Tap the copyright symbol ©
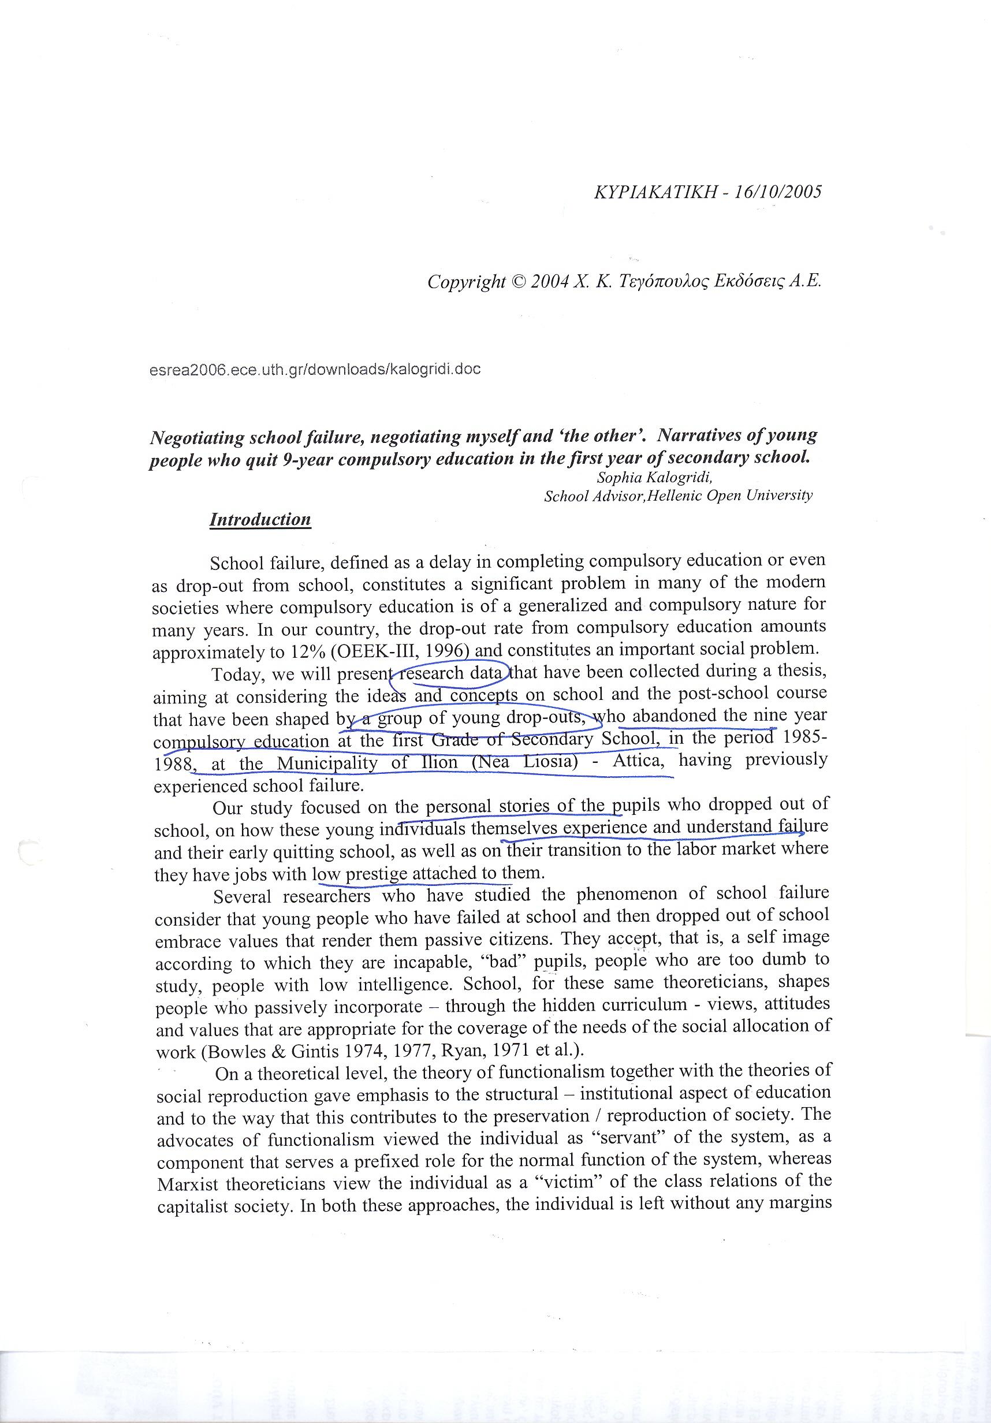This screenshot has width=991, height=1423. (x=516, y=282)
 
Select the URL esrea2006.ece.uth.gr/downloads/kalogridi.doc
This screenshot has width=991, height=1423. (x=315, y=370)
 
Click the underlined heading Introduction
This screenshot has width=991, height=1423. (x=260, y=519)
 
